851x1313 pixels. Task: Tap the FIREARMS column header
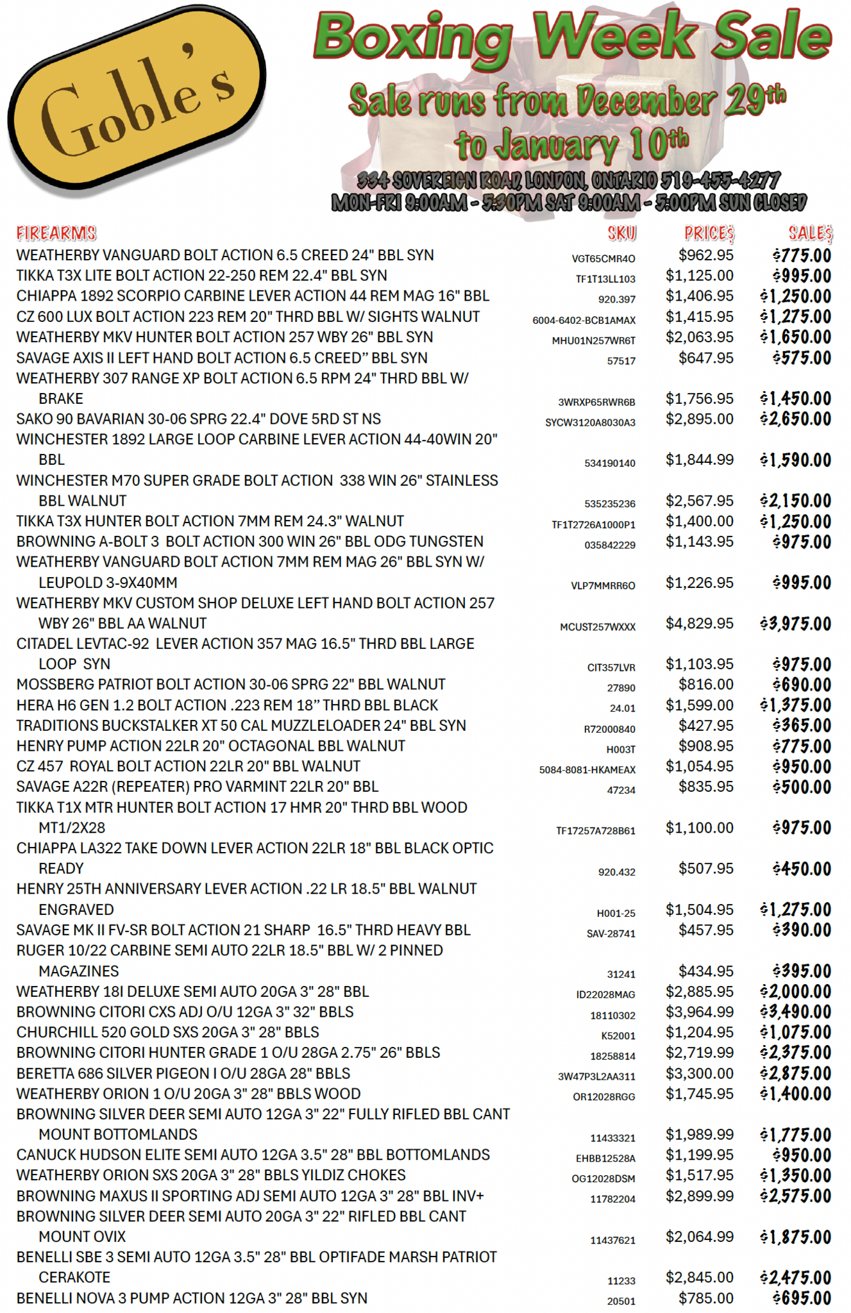coord(56,233)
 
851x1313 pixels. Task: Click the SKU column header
coord(621,233)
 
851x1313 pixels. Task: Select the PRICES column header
coord(709,233)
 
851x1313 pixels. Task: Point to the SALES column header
coord(810,233)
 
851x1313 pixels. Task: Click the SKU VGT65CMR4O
coord(603,258)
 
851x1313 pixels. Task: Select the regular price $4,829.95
coord(699,623)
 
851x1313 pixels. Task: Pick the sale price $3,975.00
coord(796,624)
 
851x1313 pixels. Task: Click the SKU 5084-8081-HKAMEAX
coord(587,769)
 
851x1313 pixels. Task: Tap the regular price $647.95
coord(705,358)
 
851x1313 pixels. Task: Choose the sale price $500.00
coord(802,787)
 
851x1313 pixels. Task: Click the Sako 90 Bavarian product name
coord(198,419)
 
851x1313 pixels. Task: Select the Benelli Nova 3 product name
coord(192,1298)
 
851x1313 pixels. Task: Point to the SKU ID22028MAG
coord(605,994)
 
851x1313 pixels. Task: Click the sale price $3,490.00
coord(796,1012)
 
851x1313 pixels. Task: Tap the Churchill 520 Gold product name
coord(167,1032)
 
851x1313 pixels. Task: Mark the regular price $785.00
coord(705,1298)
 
